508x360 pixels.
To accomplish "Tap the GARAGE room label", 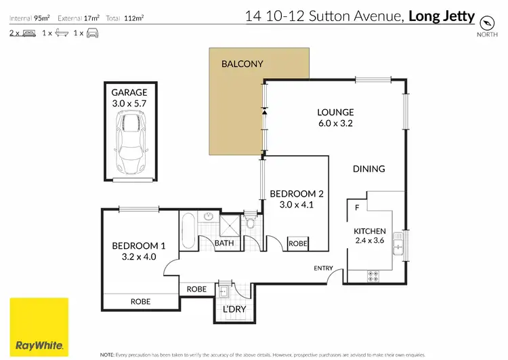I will click(x=129, y=92).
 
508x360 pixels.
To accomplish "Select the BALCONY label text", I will click(x=242, y=64).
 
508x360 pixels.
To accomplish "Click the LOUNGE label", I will click(x=337, y=113).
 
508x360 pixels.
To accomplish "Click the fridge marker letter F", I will click(x=356, y=207).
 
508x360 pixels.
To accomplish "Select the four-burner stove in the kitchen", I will click(x=373, y=275).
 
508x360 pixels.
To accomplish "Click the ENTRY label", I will click(x=323, y=268).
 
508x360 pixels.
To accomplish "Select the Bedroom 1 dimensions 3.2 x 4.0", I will click(x=138, y=256).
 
